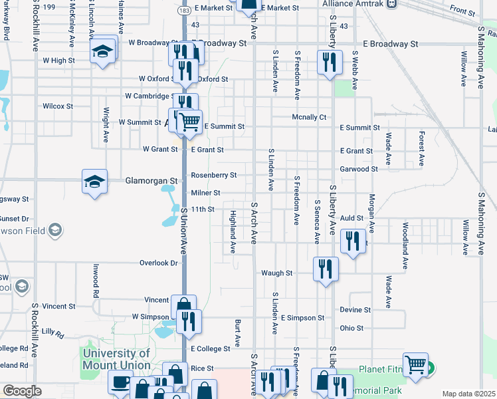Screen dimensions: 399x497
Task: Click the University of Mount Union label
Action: (116, 359)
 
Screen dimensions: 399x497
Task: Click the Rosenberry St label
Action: (214, 176)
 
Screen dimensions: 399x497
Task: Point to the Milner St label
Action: (206, 193)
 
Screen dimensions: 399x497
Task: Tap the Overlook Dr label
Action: (159, 263)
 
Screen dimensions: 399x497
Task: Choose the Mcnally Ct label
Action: (310, 117)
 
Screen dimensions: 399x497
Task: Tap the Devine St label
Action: (355, 310)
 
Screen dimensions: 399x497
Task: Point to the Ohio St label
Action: (351, 328)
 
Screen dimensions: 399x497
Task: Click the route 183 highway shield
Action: (185, 12)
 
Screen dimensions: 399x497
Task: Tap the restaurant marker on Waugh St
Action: (325, 269)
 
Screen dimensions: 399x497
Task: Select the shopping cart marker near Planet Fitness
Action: (415, 364)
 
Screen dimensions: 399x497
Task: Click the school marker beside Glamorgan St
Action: (95, 182)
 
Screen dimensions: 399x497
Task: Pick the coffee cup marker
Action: (121, 382)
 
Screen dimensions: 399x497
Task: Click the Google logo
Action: (22, 391)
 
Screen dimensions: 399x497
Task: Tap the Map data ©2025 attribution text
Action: (468, 394)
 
